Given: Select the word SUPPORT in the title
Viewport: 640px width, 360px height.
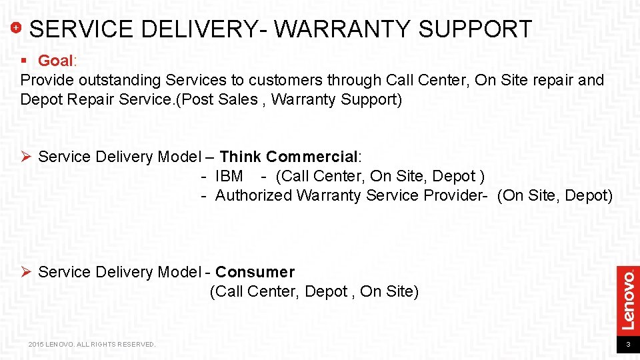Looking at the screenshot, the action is pos(475,29).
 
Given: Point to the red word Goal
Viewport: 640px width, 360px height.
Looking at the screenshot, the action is pos(55,61).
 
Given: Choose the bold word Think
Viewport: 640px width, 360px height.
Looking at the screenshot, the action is pos(240,157).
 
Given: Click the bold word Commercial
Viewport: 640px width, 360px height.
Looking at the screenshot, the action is pos(311,157).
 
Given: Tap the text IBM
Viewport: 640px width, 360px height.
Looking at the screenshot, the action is pos(229,177).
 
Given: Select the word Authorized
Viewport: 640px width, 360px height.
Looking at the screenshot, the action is pos(254,196).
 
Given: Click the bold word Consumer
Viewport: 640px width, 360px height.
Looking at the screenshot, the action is pos(255,272).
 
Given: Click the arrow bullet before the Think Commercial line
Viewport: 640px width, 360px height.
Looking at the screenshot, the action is pos(27,157).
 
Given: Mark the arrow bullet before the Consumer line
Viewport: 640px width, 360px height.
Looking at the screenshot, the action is pos(27,272).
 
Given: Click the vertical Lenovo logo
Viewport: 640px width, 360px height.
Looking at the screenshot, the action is pos(627,299).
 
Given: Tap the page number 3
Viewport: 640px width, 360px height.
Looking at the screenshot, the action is pos(627,345).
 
